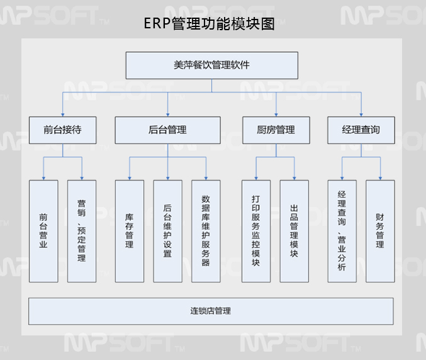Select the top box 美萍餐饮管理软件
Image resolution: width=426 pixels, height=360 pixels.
click(x=212, y=65)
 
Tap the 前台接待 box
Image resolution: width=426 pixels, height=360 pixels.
click(x=62, y=130)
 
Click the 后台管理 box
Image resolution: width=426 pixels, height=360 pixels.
click(x=168, y=130)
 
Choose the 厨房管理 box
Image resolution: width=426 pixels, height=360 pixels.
click(x=276, y=130)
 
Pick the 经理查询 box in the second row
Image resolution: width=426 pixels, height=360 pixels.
click(x=361, y=130)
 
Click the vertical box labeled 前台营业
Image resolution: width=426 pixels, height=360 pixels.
click(x=43, y=231)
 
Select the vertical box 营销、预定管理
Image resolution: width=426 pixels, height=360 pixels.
click(x=82, y=231)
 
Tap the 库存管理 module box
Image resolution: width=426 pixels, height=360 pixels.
click(x=129, y=231)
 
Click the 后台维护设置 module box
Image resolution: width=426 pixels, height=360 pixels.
click(x=167, y=231)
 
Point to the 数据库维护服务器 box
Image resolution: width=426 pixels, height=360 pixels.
click(x=206, y=231)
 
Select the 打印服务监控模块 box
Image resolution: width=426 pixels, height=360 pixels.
click(x=256, y=231)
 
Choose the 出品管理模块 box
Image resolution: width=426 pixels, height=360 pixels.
click(x=294, y=231)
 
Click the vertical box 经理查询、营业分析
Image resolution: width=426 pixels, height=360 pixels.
click(x=342, y=231)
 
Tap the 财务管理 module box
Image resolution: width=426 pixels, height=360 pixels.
click(x=380, y=231)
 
